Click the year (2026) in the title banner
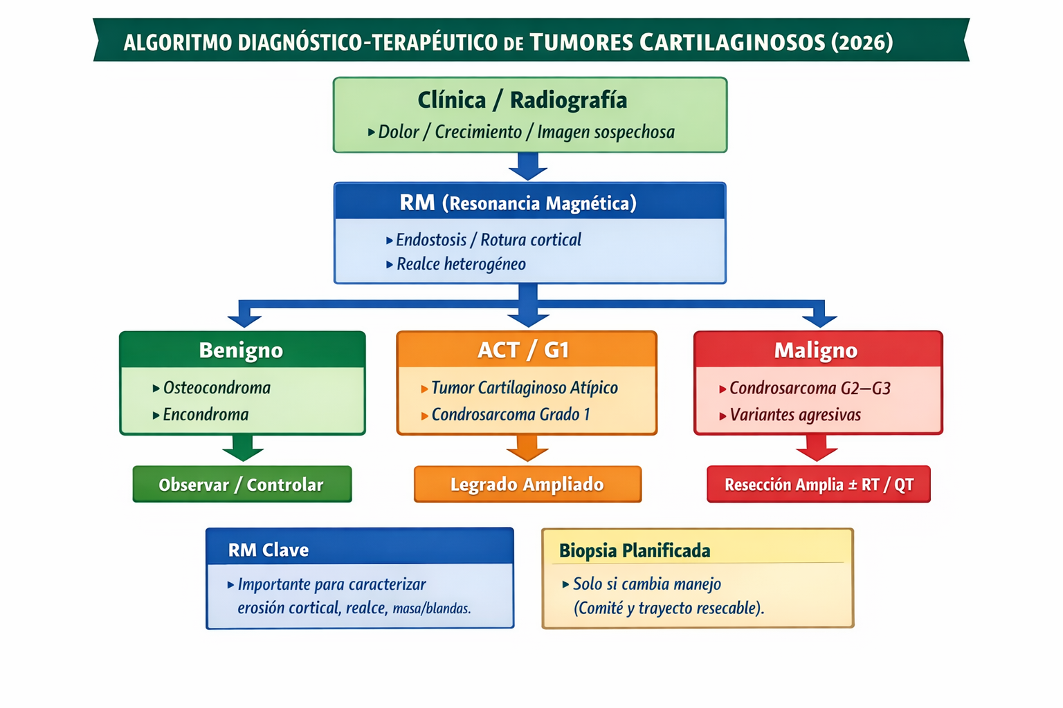(862, 42)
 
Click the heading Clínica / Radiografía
(523, 100)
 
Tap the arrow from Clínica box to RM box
(528, 166)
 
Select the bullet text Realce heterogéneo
(461, 264)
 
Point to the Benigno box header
(241, 350)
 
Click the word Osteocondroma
(217, 388)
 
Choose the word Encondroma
(206, 415)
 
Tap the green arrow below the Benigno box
(243, 448)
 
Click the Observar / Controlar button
(242, 485)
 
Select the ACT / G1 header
(524, 350)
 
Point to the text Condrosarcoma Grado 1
(511, 415)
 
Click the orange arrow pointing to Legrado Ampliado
(527, 448)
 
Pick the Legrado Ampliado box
(527, 485)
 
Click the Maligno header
(816, 350)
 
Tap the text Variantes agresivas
(795, 415)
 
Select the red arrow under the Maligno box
(817, 448)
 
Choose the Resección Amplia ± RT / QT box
(819, 485)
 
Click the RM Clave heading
(269, 550)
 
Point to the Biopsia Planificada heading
(635, 551)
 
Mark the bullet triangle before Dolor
(372, 132)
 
